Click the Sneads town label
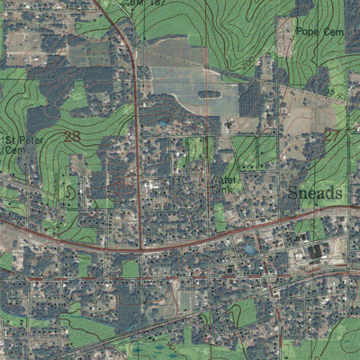click(315, 193)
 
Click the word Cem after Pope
click(332, 31)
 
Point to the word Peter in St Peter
click(26, 141)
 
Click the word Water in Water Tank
click(221, 179)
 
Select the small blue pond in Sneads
click(250, 248)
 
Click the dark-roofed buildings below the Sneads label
click(315, 253)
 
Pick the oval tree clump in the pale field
click(209, 94)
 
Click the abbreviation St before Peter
click(10, 141)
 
